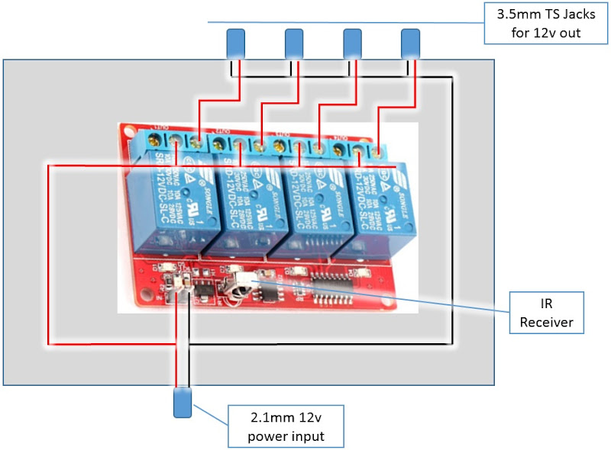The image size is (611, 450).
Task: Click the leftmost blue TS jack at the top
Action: click(236, 43)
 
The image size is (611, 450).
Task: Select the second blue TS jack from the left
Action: click(294, 43)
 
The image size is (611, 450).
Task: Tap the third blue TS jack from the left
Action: click(352, 43)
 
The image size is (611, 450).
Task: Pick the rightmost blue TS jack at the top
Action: click(411, 43)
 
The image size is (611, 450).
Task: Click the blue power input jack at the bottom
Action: click(183, 403)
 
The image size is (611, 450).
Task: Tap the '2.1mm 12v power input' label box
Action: click(286, 426)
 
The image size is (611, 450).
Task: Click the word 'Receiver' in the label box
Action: click(546, 322)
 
